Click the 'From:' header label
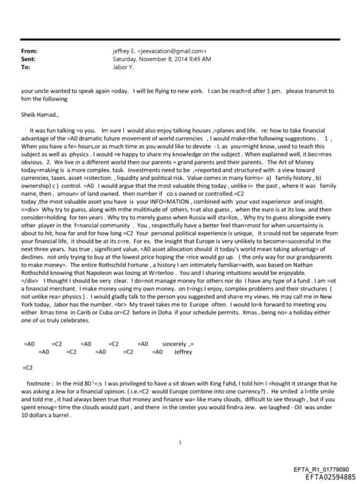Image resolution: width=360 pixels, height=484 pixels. [30, 51]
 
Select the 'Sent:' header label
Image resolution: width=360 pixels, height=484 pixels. [30, 59]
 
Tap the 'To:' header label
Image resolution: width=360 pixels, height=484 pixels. [27, 68]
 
